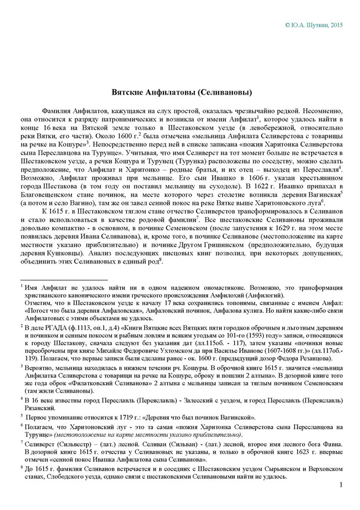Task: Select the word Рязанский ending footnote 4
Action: click(x=40, y=407)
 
